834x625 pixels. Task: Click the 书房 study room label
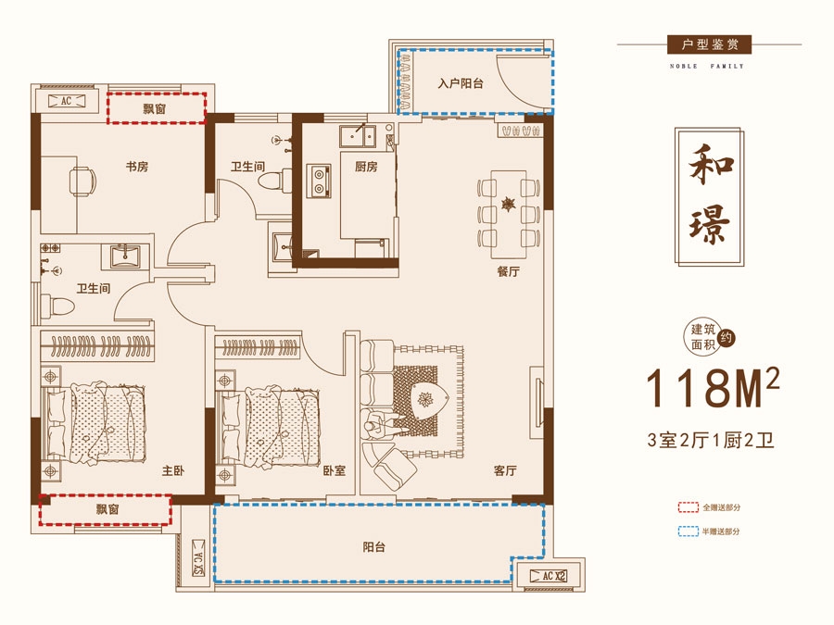tap(137, 167)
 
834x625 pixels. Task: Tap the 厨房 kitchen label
tap(366, 167)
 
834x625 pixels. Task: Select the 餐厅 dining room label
tap(508, 271)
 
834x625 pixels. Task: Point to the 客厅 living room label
tap(505, 470)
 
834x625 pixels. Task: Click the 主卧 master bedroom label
tap(173, 470)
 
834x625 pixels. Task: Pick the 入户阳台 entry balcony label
tap(461, 83)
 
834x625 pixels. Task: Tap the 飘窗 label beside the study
tap(154, 109)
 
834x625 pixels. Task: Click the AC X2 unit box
tap(549, 576)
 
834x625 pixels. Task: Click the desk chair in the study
tap(82, 181)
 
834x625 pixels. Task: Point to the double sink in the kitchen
tap(358, 137)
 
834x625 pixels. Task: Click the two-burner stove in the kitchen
tap(319, 181)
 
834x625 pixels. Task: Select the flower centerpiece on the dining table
tap(509, 204)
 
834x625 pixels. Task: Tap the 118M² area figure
tap(713, 387)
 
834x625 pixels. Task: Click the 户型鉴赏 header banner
tap(710, 44)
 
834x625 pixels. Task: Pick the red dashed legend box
tap(689, 507)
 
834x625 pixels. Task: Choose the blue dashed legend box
tap(689, 531)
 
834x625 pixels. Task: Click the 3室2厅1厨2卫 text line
tap(711, 440)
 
